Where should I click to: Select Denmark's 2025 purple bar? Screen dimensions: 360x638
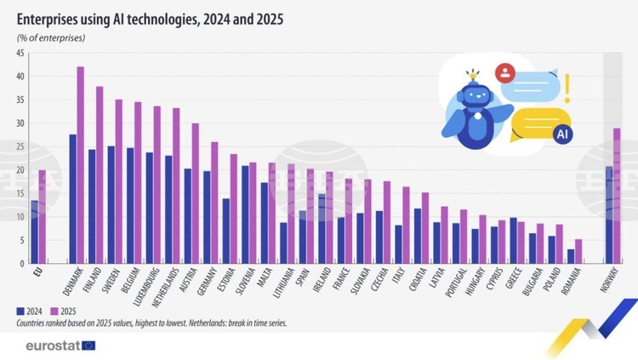(x=81, y=165)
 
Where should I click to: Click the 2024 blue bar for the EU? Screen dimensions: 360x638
(x=34, y=231)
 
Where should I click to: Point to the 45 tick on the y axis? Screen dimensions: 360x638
(x=19, y=54)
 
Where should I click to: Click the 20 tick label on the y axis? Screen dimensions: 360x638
(x=19, y=170)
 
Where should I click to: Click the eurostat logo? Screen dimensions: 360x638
(x=60, y=346)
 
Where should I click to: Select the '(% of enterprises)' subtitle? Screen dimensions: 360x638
(x=50, y=38)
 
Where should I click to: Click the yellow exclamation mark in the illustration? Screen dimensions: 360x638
(x=567, y=87)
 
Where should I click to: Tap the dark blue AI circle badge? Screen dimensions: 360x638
(x=561, y=134)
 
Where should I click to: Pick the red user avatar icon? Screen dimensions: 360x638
(x=507, y=72)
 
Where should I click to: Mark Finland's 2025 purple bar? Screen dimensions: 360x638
(x=100, y=175)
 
